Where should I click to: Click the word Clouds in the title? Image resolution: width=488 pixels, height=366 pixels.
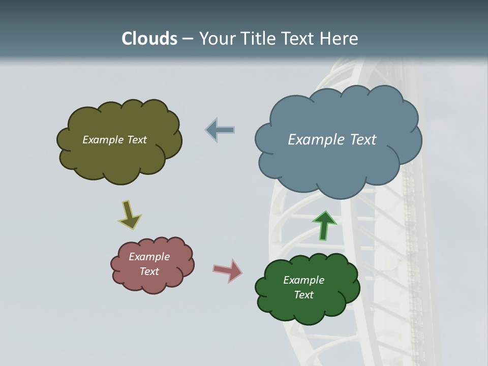pyautogui.click(x=149, y=39)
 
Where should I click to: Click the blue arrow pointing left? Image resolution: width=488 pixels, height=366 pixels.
pyautogui.click(x=220, y=130)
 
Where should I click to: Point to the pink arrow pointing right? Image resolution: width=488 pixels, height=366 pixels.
pyautogui.click(x=228, y=270)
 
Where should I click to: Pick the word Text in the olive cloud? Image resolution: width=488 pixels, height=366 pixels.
pyautogui.click(x=136, y=140)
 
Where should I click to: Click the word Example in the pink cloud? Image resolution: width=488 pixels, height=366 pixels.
pyautogui.click(x=149, y=257)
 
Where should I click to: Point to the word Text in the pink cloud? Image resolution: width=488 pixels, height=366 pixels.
pyautogui.click(x=149, y=271)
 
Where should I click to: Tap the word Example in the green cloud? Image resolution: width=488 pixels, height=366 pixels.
pyautogui.click(x=303, y=280)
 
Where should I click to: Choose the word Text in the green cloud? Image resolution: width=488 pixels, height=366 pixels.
pyautogui.click(x=303, y=295)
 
